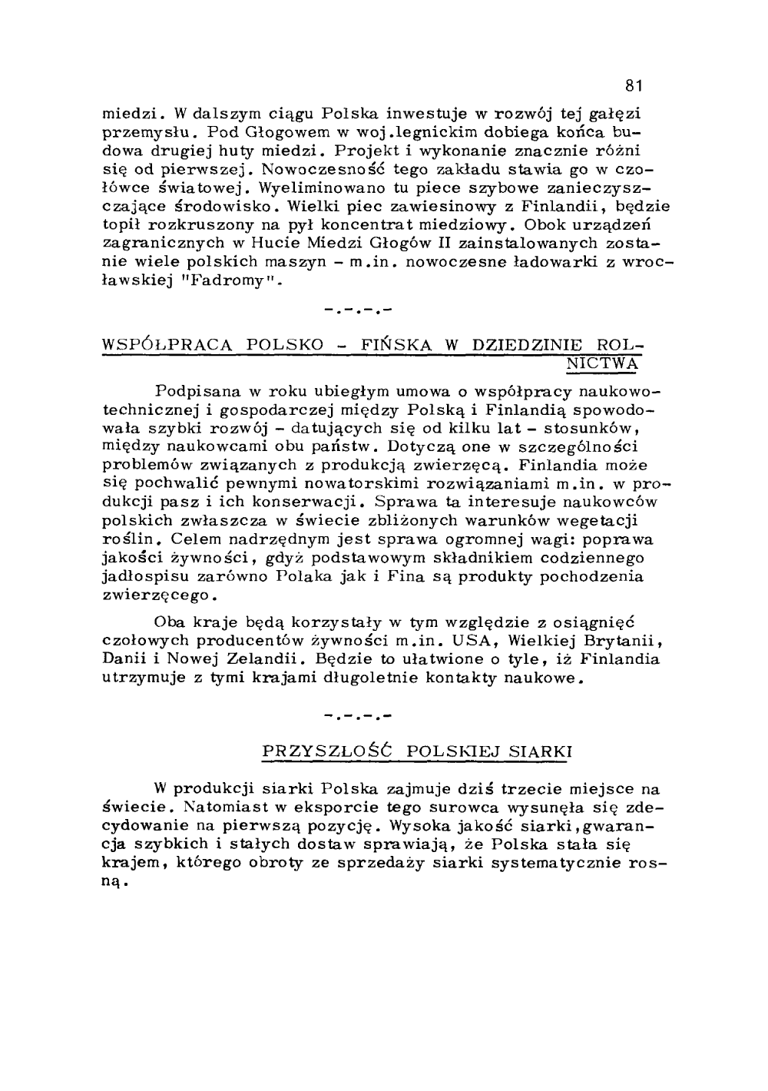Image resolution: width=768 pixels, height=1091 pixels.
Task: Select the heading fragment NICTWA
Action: tap(602, 363)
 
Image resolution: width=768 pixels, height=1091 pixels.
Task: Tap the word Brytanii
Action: tap(617, 640)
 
